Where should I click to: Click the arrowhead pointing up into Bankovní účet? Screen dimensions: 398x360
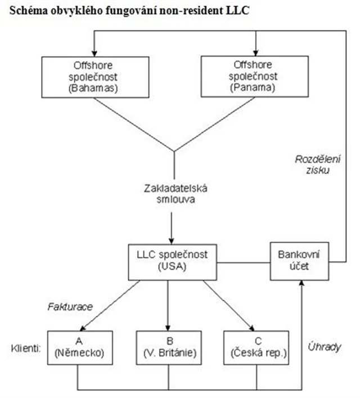point(304,285)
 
